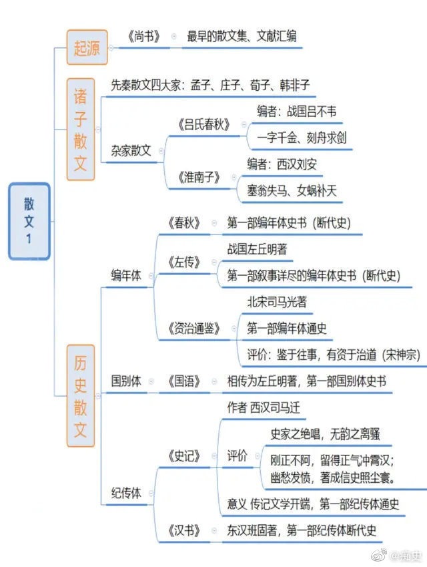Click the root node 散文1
click(29, 221)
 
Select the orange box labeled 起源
click(87, 47)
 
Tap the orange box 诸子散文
click(81, 130)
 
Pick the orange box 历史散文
click(81, 396)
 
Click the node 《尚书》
click(143, 36)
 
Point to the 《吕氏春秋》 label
click(203, 125)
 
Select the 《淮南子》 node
click(199, 177)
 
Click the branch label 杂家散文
click(131, 151)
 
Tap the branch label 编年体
click(125, 276)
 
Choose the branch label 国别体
click(125, 381)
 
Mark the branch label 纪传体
click(125, 492)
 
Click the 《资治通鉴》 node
click(193, 329)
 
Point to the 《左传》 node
click(184, 262)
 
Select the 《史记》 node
click(184, 456)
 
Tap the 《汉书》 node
click(184, 530)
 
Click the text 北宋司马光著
click(277, 302)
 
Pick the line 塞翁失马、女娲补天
click(292, 190)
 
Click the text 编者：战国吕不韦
click(297, 112)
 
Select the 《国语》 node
click(184, 381)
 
